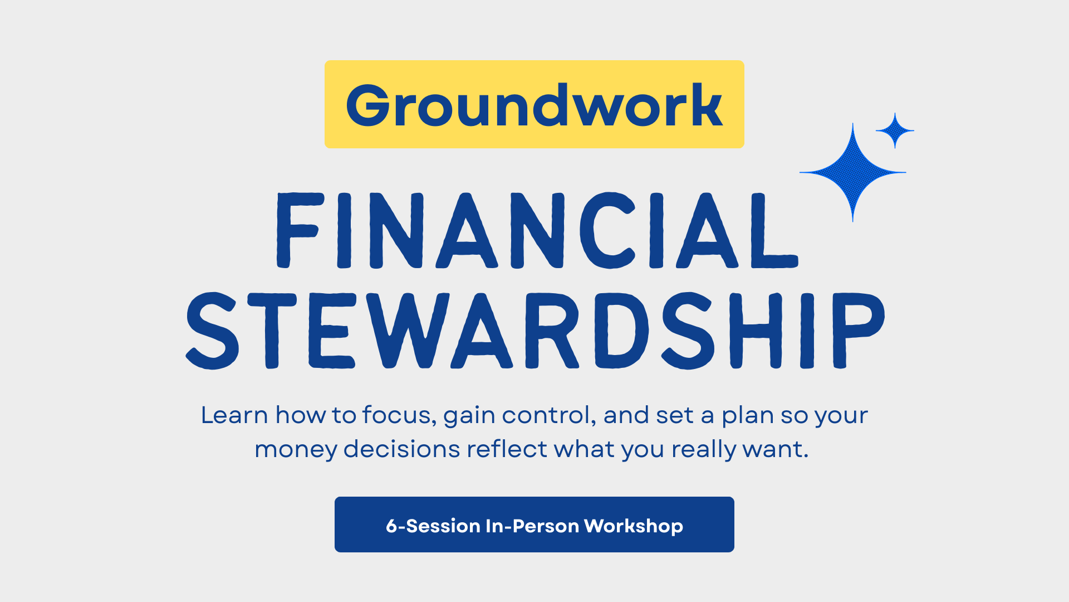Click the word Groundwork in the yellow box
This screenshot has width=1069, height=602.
pos(534,105)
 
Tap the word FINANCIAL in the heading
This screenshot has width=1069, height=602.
pos(538,231)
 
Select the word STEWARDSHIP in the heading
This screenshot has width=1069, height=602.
pos(535,331)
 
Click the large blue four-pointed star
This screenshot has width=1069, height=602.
pos(852,172)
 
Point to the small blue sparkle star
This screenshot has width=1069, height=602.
pos(895,131)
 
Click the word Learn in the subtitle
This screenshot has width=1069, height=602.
pos(234,415)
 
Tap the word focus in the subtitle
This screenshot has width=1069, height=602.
pos(399,415)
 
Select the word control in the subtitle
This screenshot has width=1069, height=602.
pos(548,415)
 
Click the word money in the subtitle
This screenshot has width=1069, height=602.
pos(295,450)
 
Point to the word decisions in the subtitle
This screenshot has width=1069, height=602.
pos(401,449)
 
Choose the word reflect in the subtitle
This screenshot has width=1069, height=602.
pos(507,449)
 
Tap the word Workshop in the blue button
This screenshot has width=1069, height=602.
pos(633,526)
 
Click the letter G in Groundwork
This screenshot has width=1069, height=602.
pos(367,105)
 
